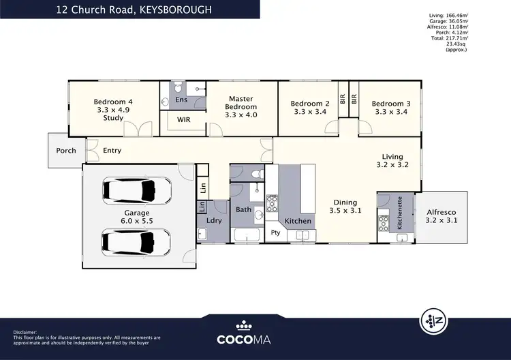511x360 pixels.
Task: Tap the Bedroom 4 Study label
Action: coord(113,110)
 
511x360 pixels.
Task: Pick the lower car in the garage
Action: coord(136,240)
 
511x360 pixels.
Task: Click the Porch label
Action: coord(66,151)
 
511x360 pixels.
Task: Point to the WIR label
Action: coord(184,119)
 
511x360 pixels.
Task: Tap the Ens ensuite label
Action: coord(181,100)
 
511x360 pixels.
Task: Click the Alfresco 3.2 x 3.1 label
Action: coord(442,216)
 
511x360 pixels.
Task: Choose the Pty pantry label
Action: coord(276,233)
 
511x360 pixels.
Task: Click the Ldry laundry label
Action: coord(213,221)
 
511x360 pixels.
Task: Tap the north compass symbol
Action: coord(432,319)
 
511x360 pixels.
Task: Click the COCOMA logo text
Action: coord(255,338)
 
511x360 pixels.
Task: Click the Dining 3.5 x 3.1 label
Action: coord(345,207)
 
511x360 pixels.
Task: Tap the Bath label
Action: coord(243,210)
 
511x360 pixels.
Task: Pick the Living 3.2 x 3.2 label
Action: coord(392,160)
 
